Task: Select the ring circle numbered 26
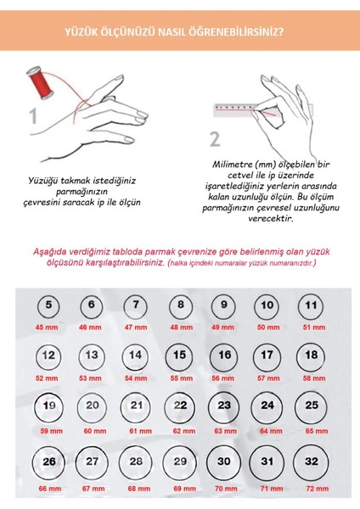click(x=49, y=462)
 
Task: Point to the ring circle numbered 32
click(x=312, y=462)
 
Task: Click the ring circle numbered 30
click(x=224, y=462)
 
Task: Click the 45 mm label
click(x=47, y=327)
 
